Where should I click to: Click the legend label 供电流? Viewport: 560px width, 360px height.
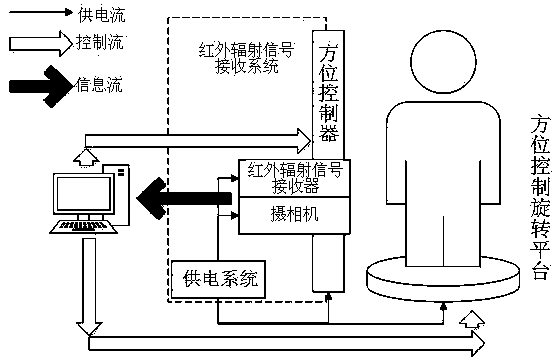tap(102, 15)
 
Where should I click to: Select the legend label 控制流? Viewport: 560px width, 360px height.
tap(100, 42)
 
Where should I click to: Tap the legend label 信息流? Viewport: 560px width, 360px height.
tap(99, 85)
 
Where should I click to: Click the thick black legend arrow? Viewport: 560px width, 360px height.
tap(41, 86)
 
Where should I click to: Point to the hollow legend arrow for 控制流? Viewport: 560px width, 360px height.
tap(41, 44)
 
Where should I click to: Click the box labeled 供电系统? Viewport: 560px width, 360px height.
tap(218, 279)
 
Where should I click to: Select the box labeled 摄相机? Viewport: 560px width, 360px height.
tap(294, 215)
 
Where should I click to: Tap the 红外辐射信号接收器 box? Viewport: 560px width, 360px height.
tap(294, 178)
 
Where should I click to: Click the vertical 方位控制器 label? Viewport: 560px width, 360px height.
tap(329, 92)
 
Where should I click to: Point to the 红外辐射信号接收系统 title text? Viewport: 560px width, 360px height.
tap(246, 58)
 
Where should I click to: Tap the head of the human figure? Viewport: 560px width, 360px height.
tap(443, 61)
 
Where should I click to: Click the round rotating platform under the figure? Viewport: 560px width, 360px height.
tap(443, 282)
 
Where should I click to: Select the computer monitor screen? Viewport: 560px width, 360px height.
tap(84, 194)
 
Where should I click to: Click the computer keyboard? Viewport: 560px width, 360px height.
tap(84, 227)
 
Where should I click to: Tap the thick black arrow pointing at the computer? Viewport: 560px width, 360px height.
tap(184, 198)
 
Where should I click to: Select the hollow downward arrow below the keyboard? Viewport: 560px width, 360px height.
tap(89, 287)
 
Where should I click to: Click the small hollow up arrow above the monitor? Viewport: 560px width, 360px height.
tap(86, 157)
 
